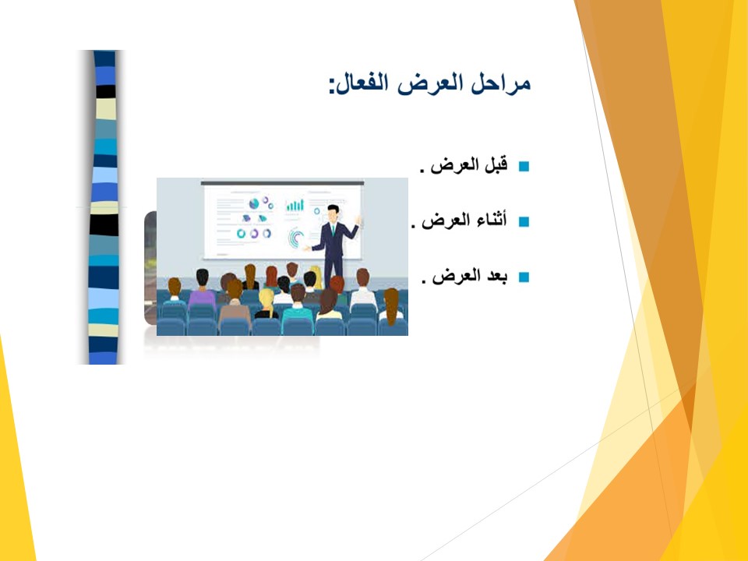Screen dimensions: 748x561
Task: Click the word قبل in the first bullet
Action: (x=496, y=165)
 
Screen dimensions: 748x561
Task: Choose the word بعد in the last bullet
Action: (x=496, y=276)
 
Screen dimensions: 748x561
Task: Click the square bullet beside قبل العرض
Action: (x=524, y=167)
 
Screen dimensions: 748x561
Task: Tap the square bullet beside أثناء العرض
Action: (x=524, y=222)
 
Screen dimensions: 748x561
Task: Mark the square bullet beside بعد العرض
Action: (x=524, y=277)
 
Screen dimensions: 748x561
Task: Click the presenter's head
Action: (x=333, y=212)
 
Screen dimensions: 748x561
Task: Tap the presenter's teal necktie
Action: (x=333, y=230)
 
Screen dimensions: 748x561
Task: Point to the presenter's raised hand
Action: (x=358, y=220)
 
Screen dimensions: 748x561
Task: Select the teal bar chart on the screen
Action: (x=295, y=206)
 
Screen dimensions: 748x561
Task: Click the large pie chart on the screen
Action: (x=254, y=203)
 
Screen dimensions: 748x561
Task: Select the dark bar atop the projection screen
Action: (x=282, y=182)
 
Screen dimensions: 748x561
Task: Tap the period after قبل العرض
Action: (x=422, y=171)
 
